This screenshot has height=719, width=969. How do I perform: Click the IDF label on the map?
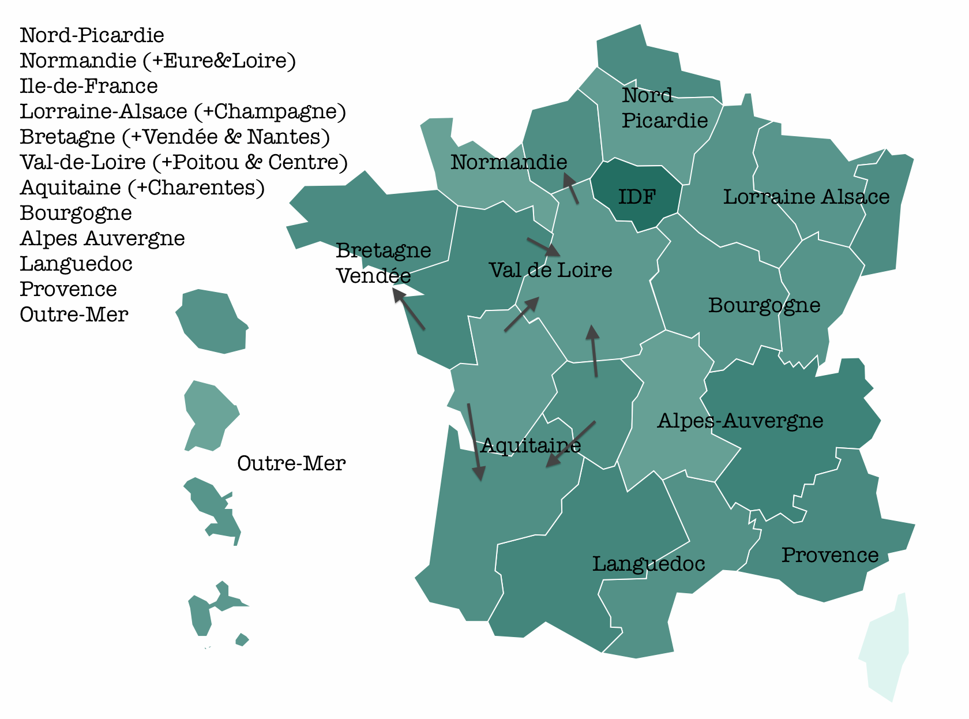(x=637, y=197)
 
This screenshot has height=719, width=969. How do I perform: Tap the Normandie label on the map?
(x=508, y=162)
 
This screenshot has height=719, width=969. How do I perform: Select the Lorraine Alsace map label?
(x=806, y=197)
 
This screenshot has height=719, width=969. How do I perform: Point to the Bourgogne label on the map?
(x=764, y=305)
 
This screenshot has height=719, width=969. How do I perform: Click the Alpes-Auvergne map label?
(x=739, y=421)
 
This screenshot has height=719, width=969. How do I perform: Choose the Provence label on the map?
(x=829, y=555)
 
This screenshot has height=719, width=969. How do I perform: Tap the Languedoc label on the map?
(x=648, y=564)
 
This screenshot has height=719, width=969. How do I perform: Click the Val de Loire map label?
(x=550, y=270)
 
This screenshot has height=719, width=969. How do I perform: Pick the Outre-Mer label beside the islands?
(x=291, y=463)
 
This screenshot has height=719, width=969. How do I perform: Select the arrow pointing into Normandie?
(x=571, y=188)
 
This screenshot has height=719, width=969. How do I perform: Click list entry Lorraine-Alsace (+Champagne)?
(x=183, y=111)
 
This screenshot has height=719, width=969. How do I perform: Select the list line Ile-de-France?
(x=89, y=86)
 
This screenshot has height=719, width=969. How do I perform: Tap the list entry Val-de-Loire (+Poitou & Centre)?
(x=183, y=162)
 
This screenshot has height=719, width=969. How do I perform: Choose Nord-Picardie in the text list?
(x=92, y=35)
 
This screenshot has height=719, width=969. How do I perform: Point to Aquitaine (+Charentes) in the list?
(x=142, y=188)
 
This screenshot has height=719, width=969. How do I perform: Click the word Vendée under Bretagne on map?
(x=373, y=276)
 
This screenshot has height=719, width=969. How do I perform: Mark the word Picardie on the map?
(x=664, y=121)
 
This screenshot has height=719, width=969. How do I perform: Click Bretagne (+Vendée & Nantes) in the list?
(x=175, y=137)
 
